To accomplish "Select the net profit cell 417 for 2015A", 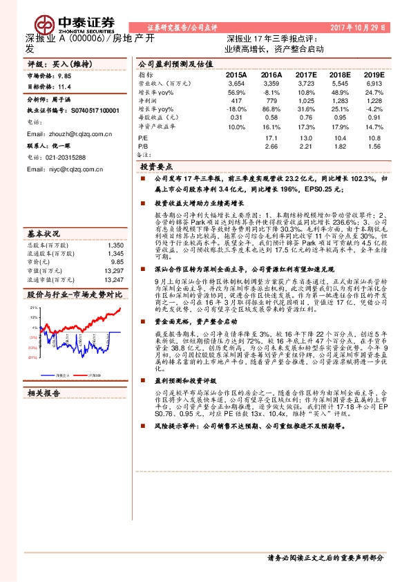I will [x=236, y=100].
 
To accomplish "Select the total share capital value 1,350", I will [x=115, y=245].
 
